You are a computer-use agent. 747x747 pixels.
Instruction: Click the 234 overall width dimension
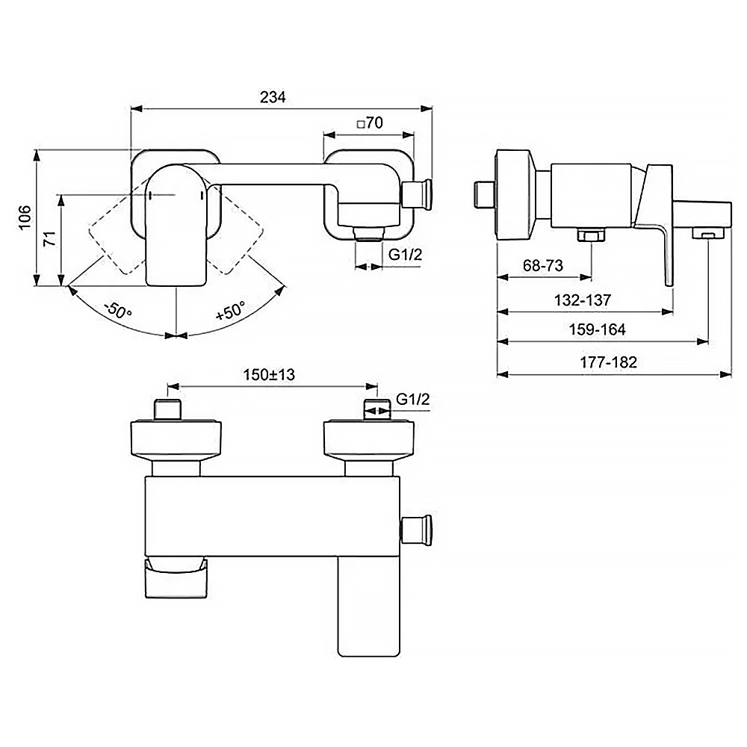pos(273,97)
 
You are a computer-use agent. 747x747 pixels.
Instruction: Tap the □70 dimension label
pos(370,123)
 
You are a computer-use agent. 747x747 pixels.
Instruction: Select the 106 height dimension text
pos(25,217)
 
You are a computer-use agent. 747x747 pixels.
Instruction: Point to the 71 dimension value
pos(50,238)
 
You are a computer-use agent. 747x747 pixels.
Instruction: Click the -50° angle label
pos(118,311)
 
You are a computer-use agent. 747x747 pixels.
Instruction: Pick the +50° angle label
pos(231,311)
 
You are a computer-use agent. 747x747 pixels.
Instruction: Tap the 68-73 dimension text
pos(542,265)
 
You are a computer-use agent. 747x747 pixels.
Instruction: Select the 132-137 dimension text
pos(582,300)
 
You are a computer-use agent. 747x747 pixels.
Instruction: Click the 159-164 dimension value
pos(597,329)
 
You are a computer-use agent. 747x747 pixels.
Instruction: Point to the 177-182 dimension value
pos(608,362)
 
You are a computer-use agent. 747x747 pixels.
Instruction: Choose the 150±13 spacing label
pos(269,375)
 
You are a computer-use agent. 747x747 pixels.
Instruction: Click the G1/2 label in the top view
pos(406,255)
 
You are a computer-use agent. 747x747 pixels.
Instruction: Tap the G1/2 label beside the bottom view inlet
pos(412,399)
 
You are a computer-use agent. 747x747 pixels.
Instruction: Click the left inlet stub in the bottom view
pos(168,409)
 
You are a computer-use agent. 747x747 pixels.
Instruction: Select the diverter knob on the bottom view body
pos(417,530)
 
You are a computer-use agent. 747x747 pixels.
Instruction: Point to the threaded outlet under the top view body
pos(369,233)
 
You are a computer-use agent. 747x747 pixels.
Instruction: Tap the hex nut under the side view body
pos(591,235)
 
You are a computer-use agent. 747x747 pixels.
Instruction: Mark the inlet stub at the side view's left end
pos(485,195)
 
